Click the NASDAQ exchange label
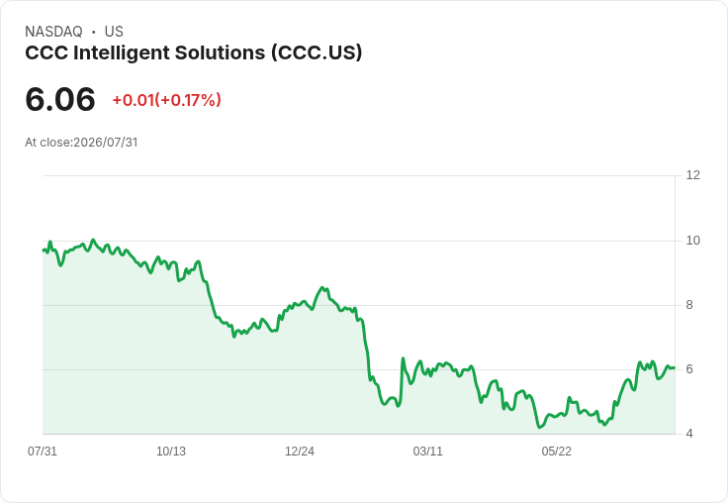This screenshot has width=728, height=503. point(53,32)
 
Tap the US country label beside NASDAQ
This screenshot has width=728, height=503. point(114,32)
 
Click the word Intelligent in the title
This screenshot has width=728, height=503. point(122,53)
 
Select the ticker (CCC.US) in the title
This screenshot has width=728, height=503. point(317,52)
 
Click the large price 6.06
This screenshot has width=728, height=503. point(60,99)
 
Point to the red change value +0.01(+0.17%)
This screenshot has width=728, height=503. point(167,100)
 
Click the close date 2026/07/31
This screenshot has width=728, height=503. point(106,143)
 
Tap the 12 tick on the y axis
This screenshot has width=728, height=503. point(693,175)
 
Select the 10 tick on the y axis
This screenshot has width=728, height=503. point(693,241)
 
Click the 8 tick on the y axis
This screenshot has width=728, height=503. point(689,305)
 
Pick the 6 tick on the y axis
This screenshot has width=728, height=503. point(689,369)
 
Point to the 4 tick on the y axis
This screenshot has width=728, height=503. point(689,434)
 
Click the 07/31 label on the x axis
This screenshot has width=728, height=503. point(43,452)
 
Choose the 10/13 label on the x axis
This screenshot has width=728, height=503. point(171,452)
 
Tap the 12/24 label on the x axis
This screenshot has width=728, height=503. point(300,452)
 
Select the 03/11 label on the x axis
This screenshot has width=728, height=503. point(428,452)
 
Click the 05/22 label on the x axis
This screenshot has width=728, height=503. point(557,452)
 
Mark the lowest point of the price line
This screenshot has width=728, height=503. point(539,427)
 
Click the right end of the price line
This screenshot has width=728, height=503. point(675,367)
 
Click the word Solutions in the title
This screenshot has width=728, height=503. point(220,53)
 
